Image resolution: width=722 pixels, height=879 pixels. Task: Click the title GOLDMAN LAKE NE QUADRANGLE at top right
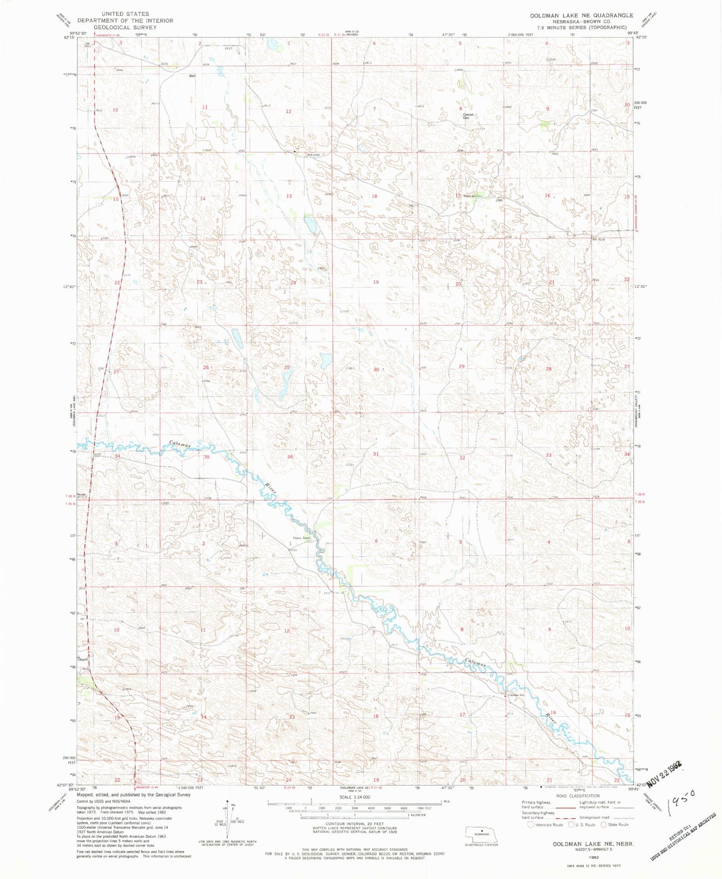581,15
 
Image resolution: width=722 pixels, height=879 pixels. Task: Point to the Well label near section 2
191,76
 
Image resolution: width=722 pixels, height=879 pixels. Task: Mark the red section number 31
376,454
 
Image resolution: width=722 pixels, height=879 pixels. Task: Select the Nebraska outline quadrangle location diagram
481,834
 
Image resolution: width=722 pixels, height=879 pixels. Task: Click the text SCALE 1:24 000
354,797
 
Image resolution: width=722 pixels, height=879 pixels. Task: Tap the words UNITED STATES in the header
125,14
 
